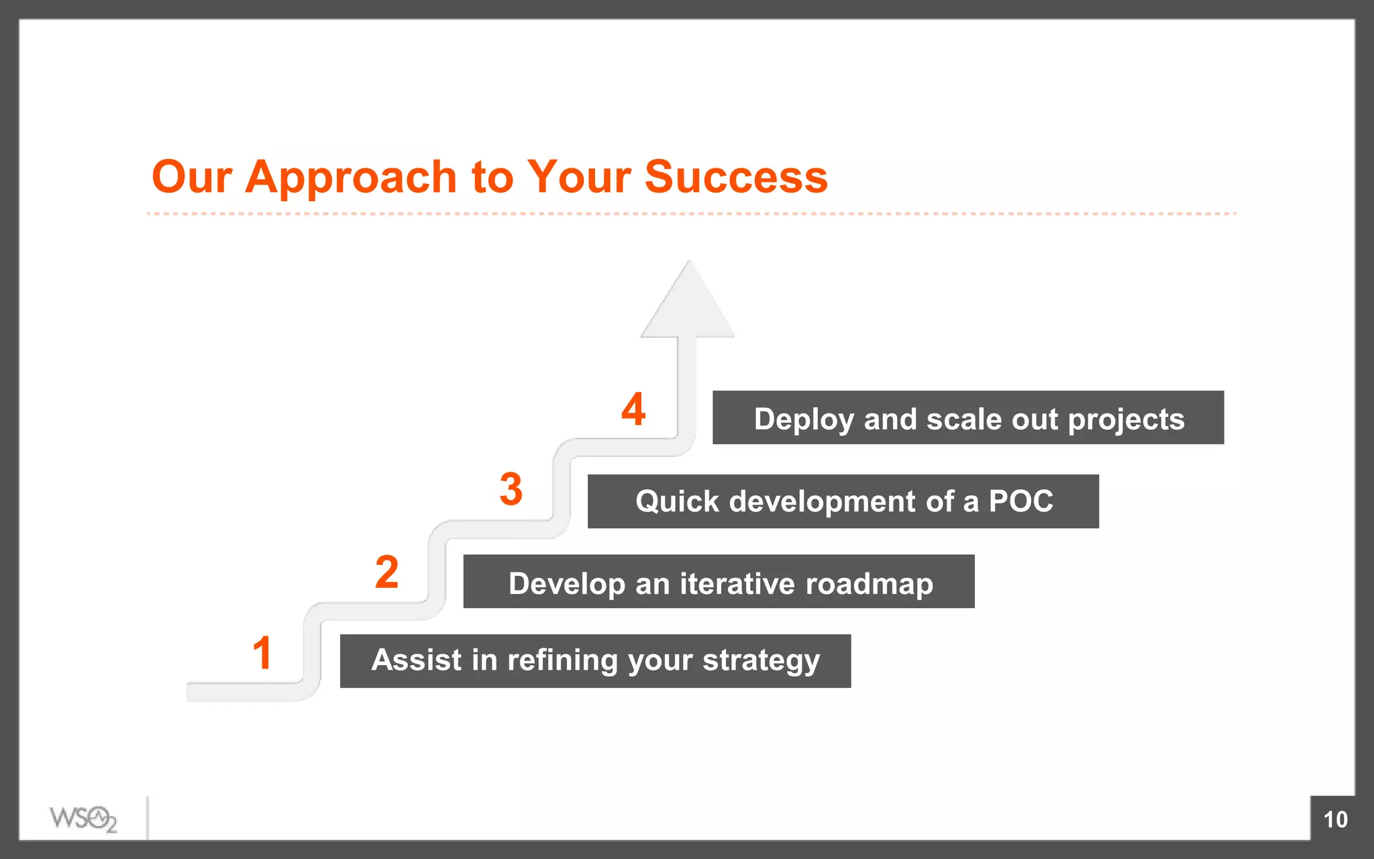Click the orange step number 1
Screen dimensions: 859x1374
(x=262, y=653)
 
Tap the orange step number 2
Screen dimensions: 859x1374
(x=386, y=572)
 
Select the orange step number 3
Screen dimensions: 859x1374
(x=511, y=489)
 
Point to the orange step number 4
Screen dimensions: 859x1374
(x=633, y=409)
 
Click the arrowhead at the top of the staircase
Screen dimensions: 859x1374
(x=688, y=305)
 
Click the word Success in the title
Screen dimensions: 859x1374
(x=736, y=177)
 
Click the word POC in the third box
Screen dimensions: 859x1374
(x=1020, y=501)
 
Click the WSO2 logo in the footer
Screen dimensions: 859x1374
(x=83, y=819)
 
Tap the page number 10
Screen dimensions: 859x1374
(x=1335, y=819)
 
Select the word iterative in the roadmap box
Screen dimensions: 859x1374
(x=737, y=583)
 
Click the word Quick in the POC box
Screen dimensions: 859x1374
(x=677, y=501)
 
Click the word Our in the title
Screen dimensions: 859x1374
(x=192, y=177)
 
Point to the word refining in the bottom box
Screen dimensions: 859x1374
(x=562, y=660)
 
